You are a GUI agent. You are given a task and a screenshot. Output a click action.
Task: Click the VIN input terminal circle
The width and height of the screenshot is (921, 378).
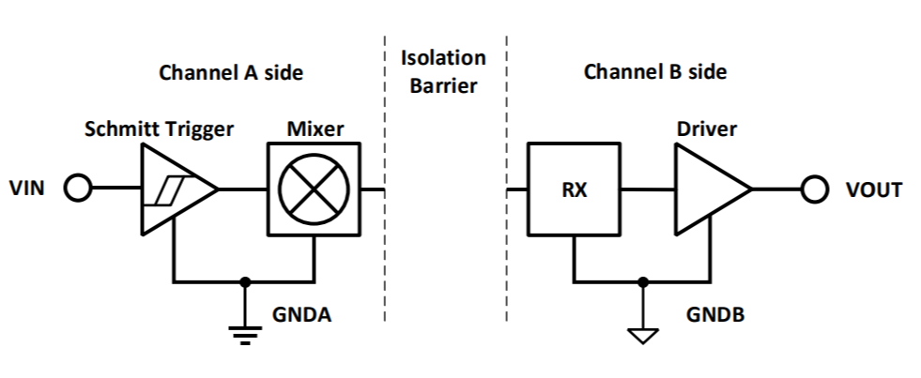coord(77,189)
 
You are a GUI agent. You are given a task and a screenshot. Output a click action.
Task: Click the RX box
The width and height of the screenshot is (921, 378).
coord(575,189)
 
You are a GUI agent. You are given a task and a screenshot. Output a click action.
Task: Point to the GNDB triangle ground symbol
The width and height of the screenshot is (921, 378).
coord(642,332)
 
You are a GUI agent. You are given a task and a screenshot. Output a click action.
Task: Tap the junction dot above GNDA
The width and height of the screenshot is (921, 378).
coord(246,280)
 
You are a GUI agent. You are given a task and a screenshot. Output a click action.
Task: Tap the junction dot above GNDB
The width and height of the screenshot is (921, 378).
coord(642,280)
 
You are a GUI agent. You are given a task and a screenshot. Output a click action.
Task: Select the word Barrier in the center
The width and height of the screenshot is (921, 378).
coord(443,86)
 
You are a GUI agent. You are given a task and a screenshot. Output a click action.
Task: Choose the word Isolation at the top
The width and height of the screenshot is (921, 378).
coord(443,57)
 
